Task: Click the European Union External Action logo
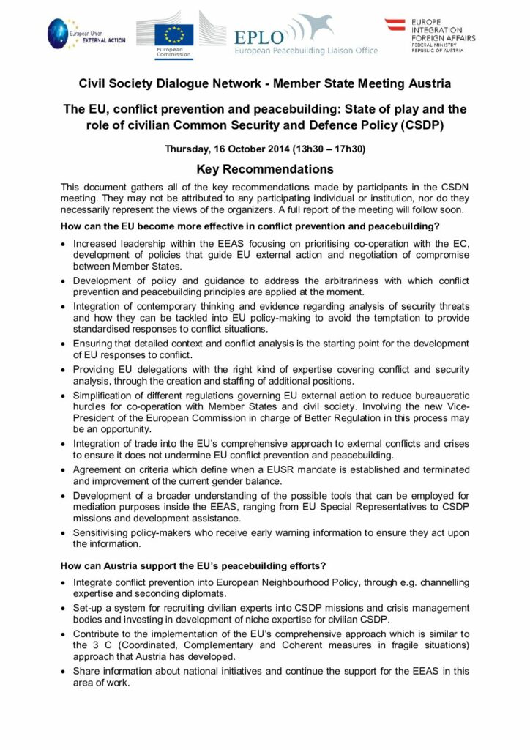pyautogui.click(x=81, y=33)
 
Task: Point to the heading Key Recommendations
pyautogui.click(x=264, y=169)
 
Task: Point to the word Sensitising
pyautogui.click(x=99, y=532)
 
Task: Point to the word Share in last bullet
pyautogui.click(x=86, y=671)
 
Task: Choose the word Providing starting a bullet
pyautogui.click(x=95, y=369)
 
